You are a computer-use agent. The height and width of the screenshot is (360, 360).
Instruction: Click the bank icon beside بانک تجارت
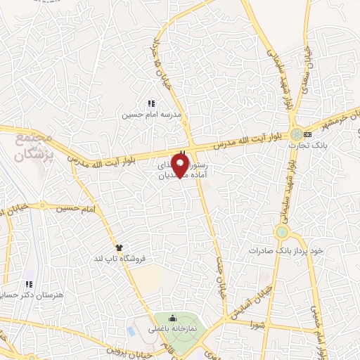pos(307,134)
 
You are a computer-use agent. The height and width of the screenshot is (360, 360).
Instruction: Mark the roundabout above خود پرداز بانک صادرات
pos(282,232)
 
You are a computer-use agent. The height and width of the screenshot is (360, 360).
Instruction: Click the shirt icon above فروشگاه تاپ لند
pos(120,247)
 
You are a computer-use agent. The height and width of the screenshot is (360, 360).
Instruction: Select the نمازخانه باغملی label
pos(172,329)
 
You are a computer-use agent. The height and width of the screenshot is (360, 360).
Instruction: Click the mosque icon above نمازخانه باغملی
pos(172,319)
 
